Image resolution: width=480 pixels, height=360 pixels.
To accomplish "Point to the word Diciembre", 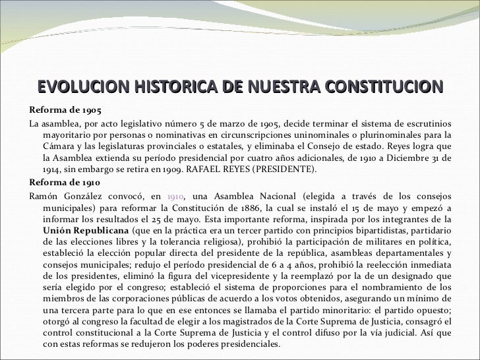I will (402, 158).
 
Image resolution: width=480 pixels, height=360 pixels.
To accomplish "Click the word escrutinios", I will (425, 123).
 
